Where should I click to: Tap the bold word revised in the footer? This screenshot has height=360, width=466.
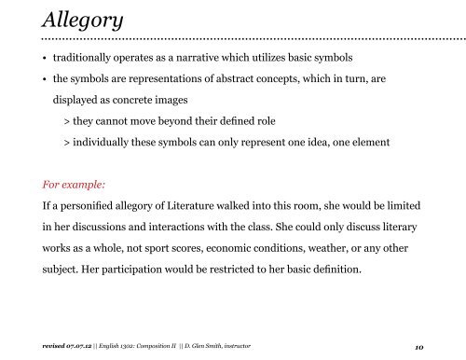pyautogui.click(x=45, y=345)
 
